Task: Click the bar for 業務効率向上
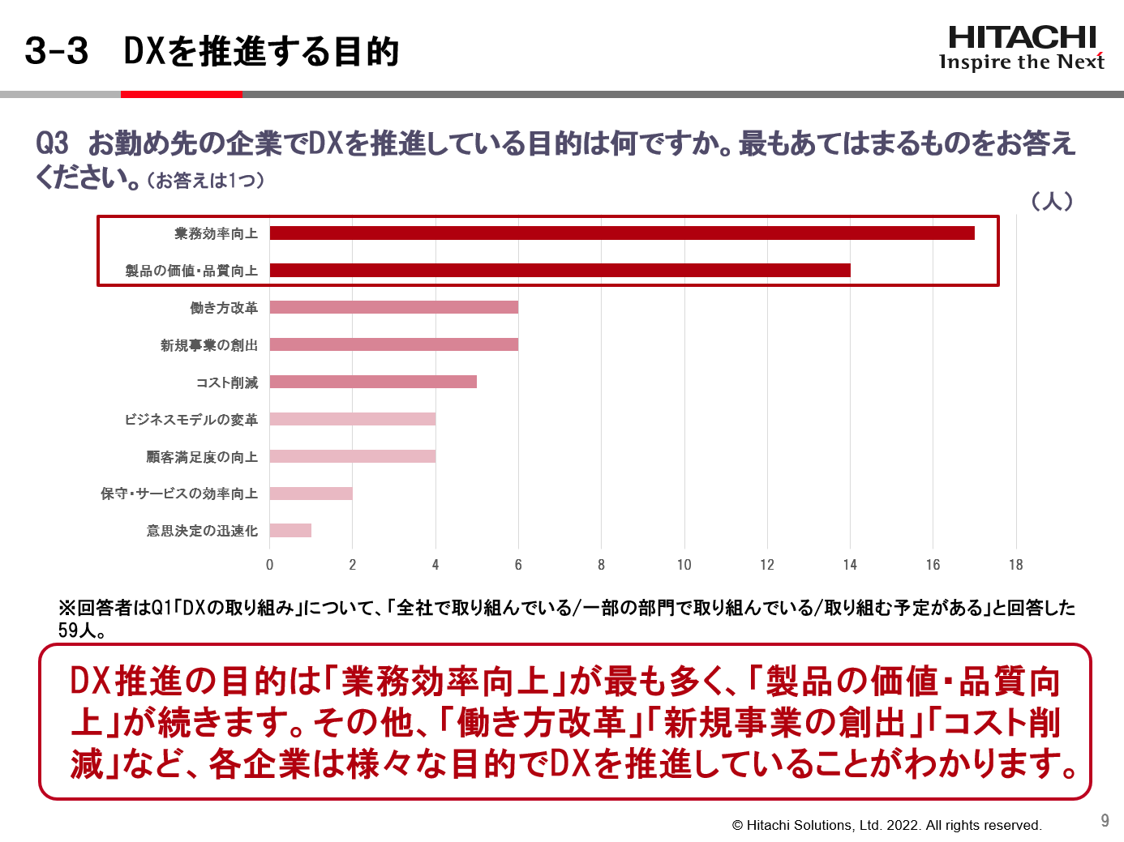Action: tap(621, 233)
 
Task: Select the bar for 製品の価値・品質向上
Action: tap(560, 271)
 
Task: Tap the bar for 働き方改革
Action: tap(393, 307)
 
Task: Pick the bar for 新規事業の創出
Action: tap(393, 344)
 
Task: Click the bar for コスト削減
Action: tap(373, 382)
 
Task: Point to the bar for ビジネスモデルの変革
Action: tap(352, 419)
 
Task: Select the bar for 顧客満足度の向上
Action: tap(352, 456)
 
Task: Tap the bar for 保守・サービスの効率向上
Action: tap(311, 494)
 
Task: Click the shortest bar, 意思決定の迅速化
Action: tap(290, 531)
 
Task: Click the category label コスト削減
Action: tap(227, 383)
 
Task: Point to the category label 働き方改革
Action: tap(224, 308)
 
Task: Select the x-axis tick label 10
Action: tap(684, 565)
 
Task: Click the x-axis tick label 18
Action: tap(1015, 565)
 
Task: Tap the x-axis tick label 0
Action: tap(270, 565)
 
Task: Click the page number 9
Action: tap(1105, 820)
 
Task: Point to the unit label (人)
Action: tap(1052, 201)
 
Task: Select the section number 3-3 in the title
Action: tap(56, 51)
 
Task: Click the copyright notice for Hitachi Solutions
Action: tap(886, 825)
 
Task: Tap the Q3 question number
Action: tap(53, 143)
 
